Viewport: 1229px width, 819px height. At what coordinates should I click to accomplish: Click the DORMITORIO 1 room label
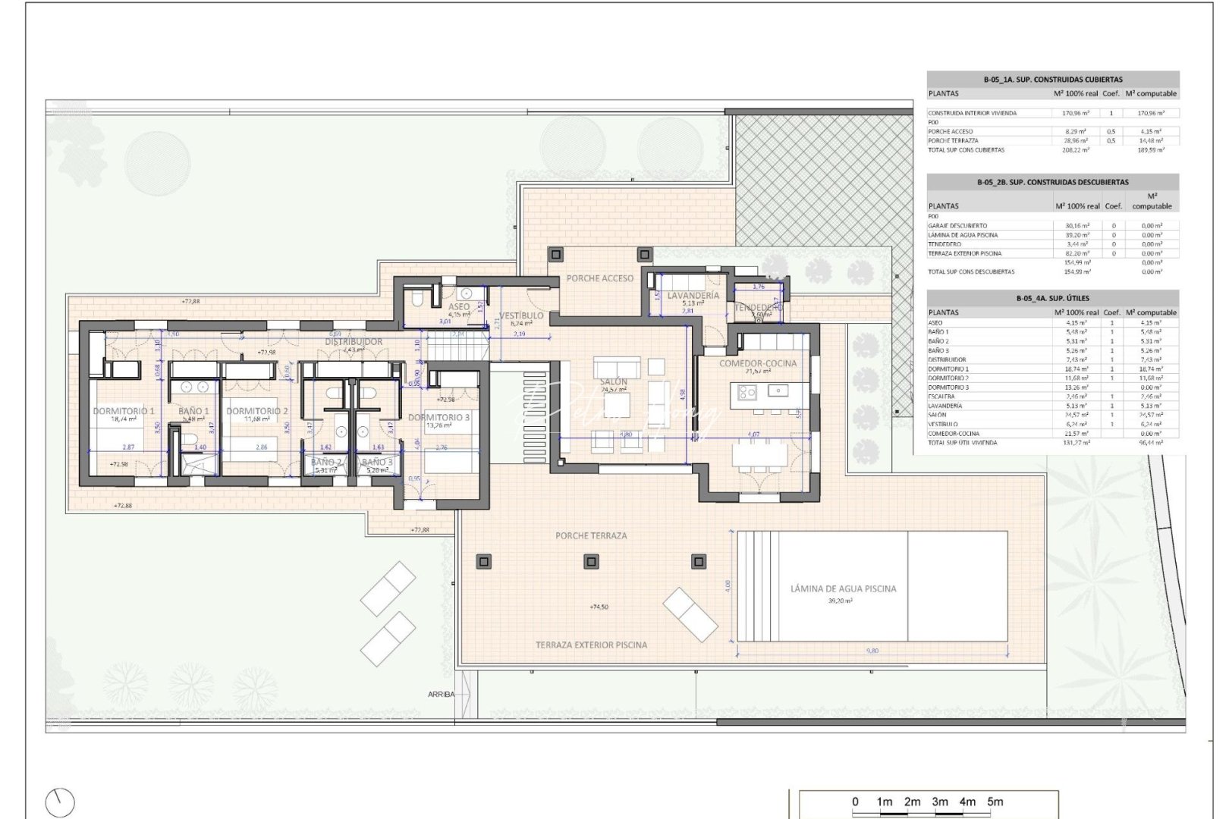tap(124, 411)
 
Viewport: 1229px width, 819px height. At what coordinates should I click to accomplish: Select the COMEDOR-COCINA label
tap(758, 363)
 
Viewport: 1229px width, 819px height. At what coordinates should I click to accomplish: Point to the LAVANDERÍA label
tap(693, 297)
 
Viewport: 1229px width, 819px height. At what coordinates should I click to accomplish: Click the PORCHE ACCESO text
tap(599, 278)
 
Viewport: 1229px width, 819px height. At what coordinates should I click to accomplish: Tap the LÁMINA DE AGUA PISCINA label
tap(843, 588)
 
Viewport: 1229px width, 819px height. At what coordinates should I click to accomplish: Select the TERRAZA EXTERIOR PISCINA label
tap(592, 645)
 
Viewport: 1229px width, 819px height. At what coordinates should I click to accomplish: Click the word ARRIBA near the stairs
tap(441, 694)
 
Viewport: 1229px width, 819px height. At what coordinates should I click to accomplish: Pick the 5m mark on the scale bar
tap(995, 802)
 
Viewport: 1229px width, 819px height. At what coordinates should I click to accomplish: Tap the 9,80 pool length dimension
tap(872, 651)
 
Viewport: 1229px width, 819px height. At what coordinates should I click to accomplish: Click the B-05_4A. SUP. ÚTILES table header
tap(1052, 298)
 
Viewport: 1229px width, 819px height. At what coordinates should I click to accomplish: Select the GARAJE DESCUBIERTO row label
tap(957, 226)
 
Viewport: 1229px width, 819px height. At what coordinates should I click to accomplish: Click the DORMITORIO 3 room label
tap(438, 417)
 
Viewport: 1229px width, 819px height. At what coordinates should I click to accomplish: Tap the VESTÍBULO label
tap(521, 315)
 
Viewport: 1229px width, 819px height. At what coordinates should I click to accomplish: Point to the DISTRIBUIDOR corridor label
tap(354, 342)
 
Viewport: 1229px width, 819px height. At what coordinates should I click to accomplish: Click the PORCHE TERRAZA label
tap(591, 535)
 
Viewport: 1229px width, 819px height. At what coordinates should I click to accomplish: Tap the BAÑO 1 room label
tap(193, 411)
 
